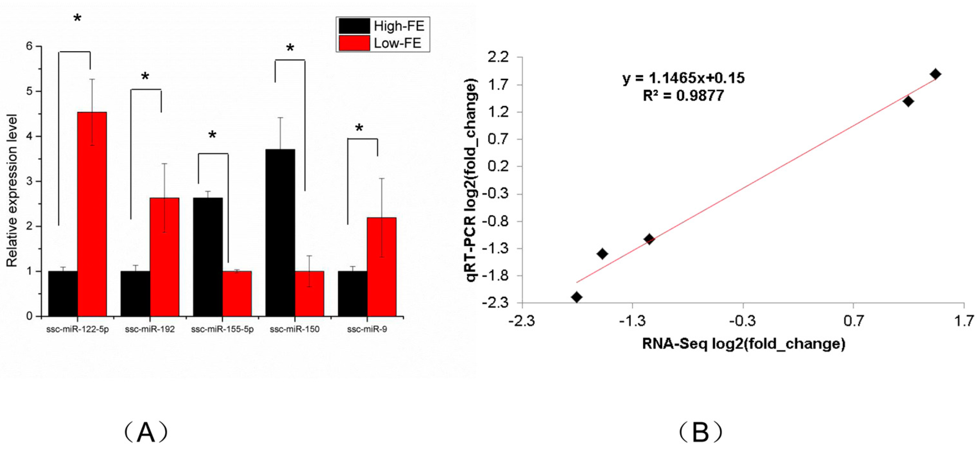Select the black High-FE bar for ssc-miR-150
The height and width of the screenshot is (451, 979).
(280, 232)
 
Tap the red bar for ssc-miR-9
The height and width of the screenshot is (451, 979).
(381, 266)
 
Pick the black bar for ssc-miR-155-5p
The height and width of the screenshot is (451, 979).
(208, 257)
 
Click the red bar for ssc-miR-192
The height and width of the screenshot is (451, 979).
(165, 257)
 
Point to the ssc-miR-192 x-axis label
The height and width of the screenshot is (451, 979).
(150, 329)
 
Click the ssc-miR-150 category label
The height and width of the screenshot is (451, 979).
(294, 329)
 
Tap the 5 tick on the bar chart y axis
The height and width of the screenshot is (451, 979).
(29, 91)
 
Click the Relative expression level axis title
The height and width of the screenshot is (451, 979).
(12, 190)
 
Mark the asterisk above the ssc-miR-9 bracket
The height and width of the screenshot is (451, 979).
(359, 129)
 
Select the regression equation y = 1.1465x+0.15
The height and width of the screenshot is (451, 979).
(683, 78)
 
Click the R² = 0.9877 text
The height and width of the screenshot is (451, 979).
(683, 95)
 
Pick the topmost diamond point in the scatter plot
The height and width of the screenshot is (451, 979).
(935, 74)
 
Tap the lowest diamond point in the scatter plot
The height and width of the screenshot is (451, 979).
(577, 297)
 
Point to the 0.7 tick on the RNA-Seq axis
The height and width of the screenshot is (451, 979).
(853, 321)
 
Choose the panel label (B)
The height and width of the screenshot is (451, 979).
(700, 432)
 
